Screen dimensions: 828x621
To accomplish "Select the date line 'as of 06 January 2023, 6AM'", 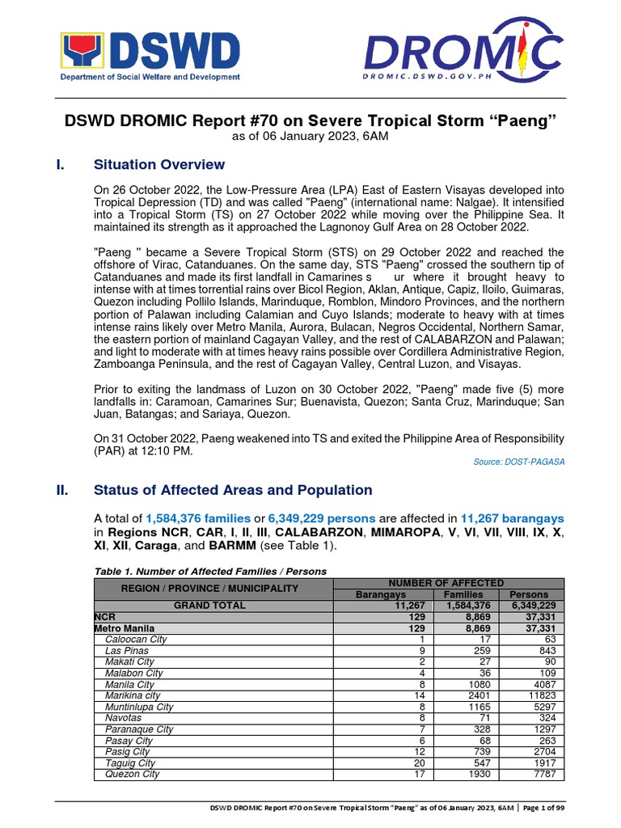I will point(310,137).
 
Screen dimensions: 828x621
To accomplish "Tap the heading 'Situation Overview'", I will point(159,165).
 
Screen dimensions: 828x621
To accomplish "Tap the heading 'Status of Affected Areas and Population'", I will point(233,490).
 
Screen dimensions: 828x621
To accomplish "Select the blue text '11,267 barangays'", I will point(512,517).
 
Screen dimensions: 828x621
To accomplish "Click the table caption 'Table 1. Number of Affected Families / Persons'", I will point(210,571).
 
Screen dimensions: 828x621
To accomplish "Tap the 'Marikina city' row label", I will point(133,695).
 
